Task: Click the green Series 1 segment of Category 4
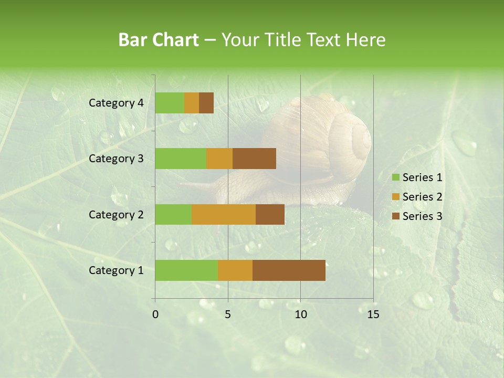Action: click(170, 103)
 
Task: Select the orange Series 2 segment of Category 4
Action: click(192, 103)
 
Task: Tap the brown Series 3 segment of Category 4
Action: click(206, 103)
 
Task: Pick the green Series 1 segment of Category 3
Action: click(181, 159)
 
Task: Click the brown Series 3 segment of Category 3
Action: click(254, 159)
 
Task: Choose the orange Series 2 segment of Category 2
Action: click(224, 214)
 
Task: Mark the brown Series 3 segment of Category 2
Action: click(270, 214)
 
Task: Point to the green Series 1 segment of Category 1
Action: click(186, 270)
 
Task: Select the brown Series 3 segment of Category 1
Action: click(289, 270)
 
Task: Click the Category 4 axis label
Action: click(116, 103)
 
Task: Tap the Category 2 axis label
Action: click(116, 214)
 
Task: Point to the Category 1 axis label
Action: click(116, 270)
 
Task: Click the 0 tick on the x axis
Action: click(155, 314)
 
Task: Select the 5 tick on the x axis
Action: click(228, 314)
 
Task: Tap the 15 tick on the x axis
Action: click(373, 314)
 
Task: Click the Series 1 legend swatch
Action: click(396, 177)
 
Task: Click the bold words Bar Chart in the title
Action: click(159, 40)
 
